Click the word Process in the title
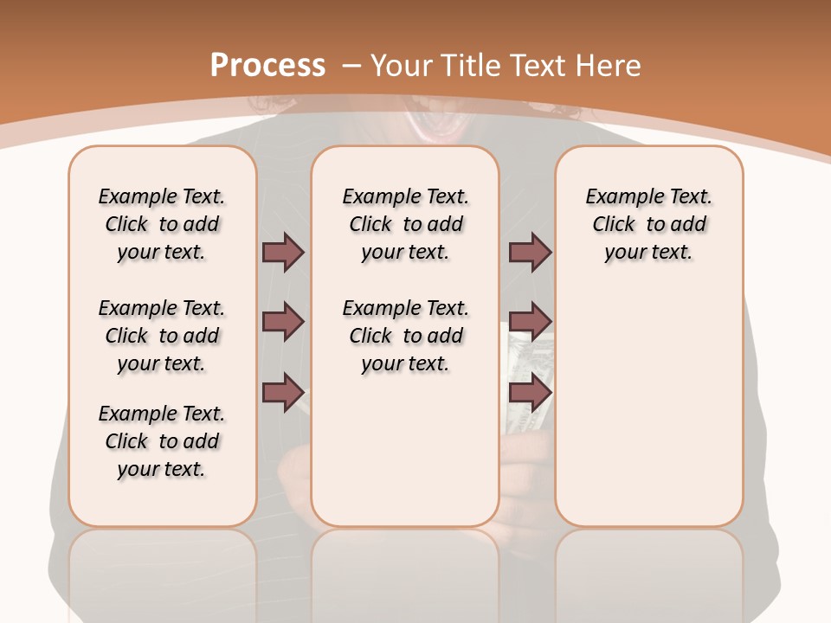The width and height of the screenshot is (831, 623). [267, 66]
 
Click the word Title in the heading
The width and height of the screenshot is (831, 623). [473, 66]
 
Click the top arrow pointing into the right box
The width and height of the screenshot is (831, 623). [530, 252]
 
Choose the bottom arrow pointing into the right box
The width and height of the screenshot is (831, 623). [530, 392]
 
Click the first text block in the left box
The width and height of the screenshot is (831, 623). [161, 224]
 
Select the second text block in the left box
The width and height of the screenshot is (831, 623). [161, 336]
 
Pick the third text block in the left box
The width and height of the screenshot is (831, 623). [161, 441]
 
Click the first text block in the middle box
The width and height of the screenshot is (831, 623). [405, 224]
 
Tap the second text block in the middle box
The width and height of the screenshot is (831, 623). [405, 336]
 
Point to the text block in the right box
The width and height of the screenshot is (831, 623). [648, 224]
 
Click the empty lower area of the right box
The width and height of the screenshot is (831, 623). [648, 415]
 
